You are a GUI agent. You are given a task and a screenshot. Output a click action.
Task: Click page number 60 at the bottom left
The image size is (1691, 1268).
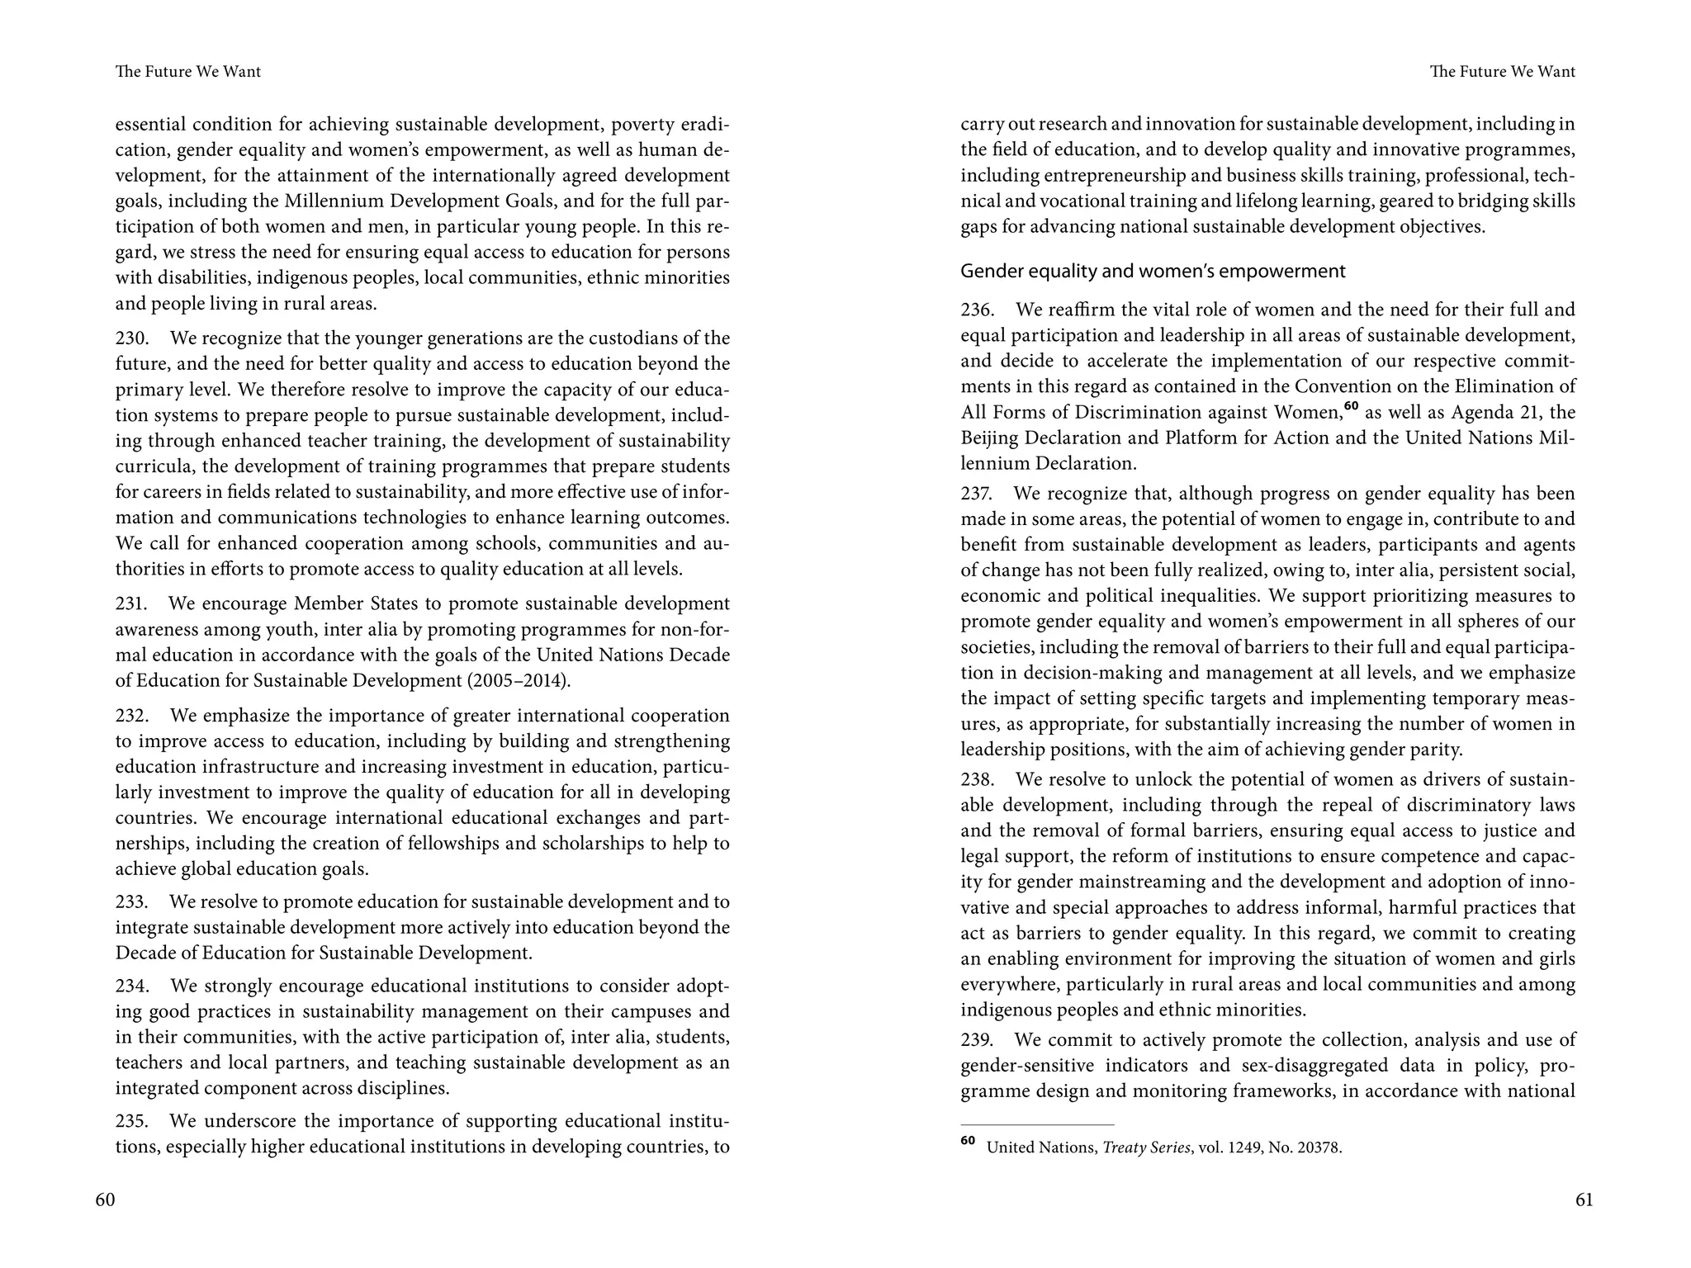click(105, 1199)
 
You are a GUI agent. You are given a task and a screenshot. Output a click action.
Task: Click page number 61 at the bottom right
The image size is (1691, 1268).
click(1584, 1199)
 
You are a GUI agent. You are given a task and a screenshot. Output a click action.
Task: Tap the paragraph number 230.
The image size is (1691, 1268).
click(131, 338)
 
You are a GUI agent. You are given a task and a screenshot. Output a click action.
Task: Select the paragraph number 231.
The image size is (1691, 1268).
click(131, 604)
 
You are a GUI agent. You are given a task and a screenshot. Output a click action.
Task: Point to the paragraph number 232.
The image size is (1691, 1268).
click(131, 716)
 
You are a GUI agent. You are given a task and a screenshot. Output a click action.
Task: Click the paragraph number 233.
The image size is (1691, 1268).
click(131, 902)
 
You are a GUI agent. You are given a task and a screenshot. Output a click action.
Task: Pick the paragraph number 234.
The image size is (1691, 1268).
click(131, 986)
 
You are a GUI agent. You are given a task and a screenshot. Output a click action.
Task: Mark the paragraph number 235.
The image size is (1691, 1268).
click(131, 1122)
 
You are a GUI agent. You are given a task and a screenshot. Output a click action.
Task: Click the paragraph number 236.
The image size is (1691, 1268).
click(977, 310)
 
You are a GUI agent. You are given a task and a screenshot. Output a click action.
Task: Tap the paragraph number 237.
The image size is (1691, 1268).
click(976, 494)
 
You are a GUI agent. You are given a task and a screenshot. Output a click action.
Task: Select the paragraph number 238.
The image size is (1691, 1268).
click(977, 780)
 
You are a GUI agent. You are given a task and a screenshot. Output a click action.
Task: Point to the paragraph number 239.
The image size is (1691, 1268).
click(977, 1040)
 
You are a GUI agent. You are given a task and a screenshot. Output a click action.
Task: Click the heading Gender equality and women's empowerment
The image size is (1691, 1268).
click(1153, 272)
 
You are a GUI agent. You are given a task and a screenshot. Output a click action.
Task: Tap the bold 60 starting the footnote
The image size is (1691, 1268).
click(968, 1141)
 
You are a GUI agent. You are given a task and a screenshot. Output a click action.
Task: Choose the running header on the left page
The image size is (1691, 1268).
click(188, 72)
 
